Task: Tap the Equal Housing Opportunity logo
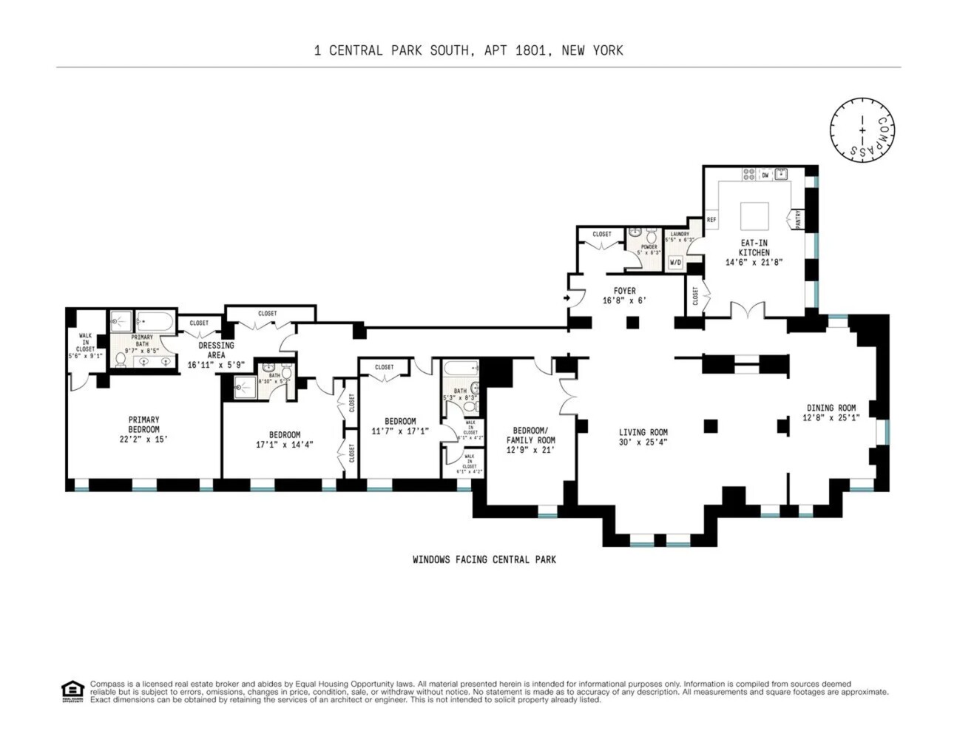pos(72,691)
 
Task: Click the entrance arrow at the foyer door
pos(567,298)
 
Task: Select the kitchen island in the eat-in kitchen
pos(755,217)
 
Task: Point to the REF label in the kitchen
pos(711,220)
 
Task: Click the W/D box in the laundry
pos(675,263)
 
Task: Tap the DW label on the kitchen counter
pos(765,175)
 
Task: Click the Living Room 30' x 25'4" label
pos(643,437)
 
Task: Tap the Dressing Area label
pos(216,350)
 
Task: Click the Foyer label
pos(624,291)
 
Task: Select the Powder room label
pos(649,247)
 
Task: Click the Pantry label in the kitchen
pos(798,219)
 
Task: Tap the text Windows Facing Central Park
pos(484,559)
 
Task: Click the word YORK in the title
pos(607,50)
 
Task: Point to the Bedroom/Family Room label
pos(530,440)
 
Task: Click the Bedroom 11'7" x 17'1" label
pos(399,426)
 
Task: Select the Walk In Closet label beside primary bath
pos(85,345)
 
